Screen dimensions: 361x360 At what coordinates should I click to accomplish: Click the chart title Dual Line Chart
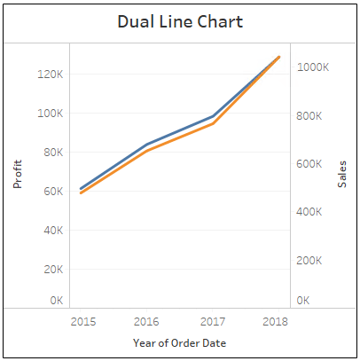pos(180,21)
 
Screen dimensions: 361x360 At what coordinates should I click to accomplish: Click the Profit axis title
pos(17,174)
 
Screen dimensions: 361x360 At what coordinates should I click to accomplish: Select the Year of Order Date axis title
pos(180,342)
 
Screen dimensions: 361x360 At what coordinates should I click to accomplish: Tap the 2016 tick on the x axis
pos(147,320)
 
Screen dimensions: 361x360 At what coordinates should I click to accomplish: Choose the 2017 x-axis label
pos(213,320)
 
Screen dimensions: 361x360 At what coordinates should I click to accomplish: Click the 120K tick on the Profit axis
pos(50,75)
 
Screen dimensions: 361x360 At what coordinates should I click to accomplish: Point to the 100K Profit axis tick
pos(50,114)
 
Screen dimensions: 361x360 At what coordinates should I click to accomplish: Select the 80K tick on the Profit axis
pos(51,153)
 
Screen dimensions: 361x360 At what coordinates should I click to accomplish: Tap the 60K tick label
pos(51,192)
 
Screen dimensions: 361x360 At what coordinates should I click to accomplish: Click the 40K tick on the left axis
pos(51,231)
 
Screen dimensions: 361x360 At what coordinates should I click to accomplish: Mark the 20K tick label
pos(51,270)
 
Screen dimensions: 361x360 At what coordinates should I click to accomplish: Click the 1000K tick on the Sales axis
pos(314,67)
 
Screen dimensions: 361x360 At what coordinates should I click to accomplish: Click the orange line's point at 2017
pos(213,123)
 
